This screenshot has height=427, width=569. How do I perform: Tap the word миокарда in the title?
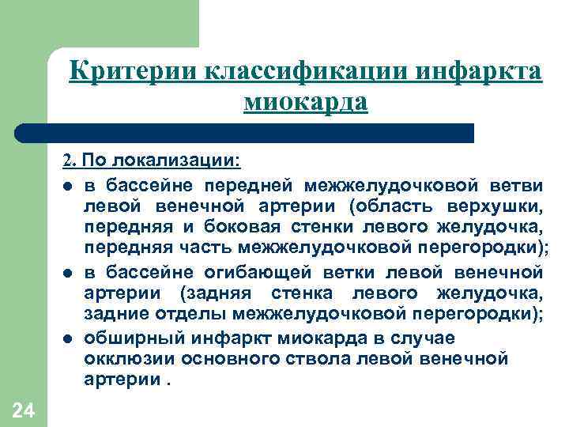click(306, 102)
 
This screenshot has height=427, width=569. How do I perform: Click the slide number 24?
click(23, 410)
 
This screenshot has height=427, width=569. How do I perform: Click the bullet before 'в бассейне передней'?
click(70, 186)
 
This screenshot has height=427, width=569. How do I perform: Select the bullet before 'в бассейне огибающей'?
click(70, 274)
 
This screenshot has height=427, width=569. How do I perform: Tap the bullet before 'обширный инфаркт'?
click(70, 339)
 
